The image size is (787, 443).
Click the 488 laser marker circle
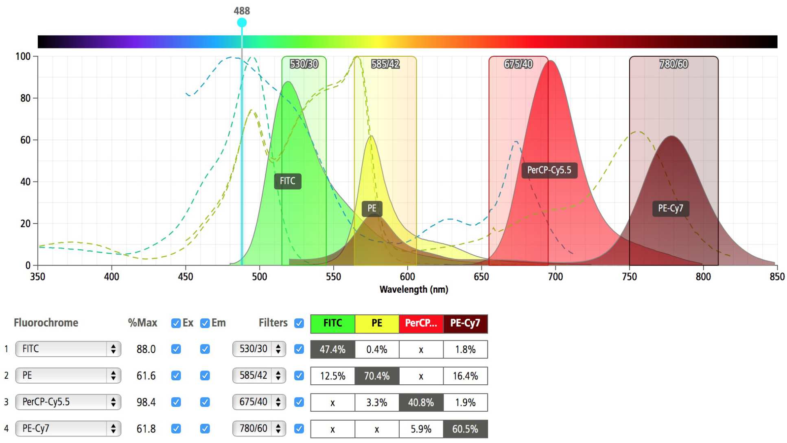point(242,23)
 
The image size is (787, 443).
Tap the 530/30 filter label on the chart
point(304,64)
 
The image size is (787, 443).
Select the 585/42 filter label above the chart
point(385,64)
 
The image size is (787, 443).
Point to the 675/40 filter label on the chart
point(518,64)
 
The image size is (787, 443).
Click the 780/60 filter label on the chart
point(673,64)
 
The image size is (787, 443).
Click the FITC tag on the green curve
point(287,181)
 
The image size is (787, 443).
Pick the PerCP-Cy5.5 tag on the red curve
point(549,170)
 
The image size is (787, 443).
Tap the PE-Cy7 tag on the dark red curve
point(670,208)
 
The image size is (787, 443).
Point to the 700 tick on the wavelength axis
point(555,277)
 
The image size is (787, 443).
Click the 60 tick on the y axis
point(25,140)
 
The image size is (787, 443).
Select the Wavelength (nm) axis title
point(413,289)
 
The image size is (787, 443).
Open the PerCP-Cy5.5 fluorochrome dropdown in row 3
point(68,402)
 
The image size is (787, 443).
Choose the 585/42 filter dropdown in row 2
point(259,375)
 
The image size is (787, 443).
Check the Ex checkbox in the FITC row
point(176,349)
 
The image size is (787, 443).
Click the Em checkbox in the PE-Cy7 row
point(205,429)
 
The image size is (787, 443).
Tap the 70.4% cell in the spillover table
point(376,376)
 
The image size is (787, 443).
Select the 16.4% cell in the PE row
point(465,376)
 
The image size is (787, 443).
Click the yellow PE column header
point(376,323)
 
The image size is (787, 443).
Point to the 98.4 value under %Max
point(146,402)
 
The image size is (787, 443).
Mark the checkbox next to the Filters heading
point(299,323)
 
